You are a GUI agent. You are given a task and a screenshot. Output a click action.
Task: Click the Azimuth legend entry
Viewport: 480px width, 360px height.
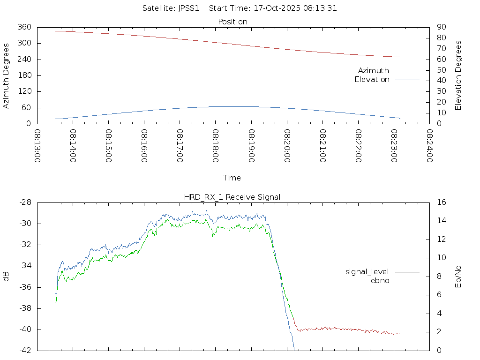coord(374,71)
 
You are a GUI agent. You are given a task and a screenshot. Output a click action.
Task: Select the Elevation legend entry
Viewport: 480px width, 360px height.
coord(372,80)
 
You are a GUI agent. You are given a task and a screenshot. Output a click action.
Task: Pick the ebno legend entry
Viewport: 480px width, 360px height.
coord(380,280)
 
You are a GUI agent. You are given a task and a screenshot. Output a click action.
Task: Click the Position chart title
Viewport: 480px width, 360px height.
coord(233,22)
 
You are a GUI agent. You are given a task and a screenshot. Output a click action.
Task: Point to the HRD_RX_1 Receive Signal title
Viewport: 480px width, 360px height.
coord(232,197)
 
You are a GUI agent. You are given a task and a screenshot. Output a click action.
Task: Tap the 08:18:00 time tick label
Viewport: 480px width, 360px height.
coord(215,146)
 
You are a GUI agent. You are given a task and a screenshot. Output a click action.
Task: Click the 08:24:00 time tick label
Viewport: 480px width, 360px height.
coord(429,146)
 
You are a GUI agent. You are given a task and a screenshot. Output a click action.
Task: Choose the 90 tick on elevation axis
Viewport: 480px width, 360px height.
coord(441,27)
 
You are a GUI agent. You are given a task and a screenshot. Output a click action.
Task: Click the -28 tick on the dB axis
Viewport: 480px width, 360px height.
coord(25,202)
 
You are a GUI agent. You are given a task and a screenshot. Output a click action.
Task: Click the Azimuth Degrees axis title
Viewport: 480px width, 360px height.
coord(6,75)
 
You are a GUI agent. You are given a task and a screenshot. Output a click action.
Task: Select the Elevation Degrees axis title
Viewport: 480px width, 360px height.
coord(458,75)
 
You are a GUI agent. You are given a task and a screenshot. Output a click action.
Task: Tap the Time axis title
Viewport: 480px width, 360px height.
coord(232,178)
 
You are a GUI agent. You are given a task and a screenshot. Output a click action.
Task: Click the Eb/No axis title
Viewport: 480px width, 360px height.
coord(458,277)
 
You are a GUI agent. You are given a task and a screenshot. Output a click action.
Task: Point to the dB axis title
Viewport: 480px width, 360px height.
coord(6,277)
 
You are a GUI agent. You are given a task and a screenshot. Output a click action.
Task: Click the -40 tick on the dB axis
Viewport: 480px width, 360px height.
coord(25,330)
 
